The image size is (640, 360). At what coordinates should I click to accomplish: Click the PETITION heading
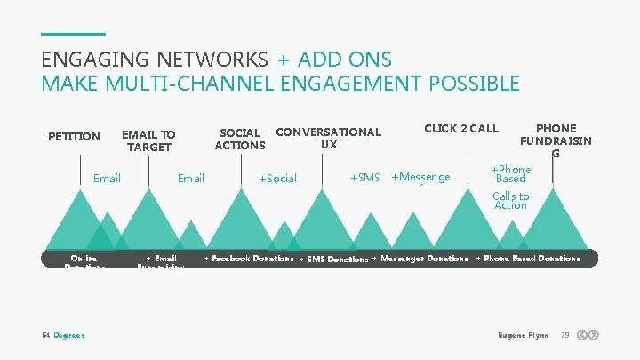[x=74, y=136]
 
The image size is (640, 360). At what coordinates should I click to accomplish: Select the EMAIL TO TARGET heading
[x=148, y=140]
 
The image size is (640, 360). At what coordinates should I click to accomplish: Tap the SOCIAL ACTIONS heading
[x=240, y=139]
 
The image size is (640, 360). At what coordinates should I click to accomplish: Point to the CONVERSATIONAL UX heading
[x=329, y=138]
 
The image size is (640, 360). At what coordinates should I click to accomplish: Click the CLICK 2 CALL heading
[x=461, y=128]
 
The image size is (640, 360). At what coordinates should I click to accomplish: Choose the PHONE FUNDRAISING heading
[x=556, y=140]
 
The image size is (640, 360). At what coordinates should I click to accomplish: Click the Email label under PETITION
[x=107, y=179]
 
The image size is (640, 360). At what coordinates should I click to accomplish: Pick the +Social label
[x=277, y=179]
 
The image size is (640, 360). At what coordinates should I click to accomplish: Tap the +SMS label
[x=364, y=178]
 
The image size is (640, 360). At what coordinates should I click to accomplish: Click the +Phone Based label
[x=511, y=173]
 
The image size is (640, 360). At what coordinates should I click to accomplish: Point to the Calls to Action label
[x=510, y=201]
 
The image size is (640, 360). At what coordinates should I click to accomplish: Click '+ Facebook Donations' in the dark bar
[x=249, y=259]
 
